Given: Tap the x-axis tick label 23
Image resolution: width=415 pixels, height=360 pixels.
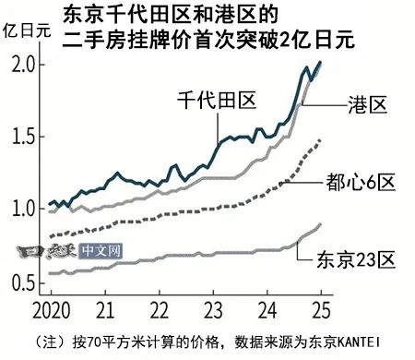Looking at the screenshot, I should (213, 306).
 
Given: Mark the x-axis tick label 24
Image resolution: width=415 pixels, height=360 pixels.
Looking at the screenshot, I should (267, 306).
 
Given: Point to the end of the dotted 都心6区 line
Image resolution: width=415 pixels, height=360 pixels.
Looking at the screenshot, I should (320, 138).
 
